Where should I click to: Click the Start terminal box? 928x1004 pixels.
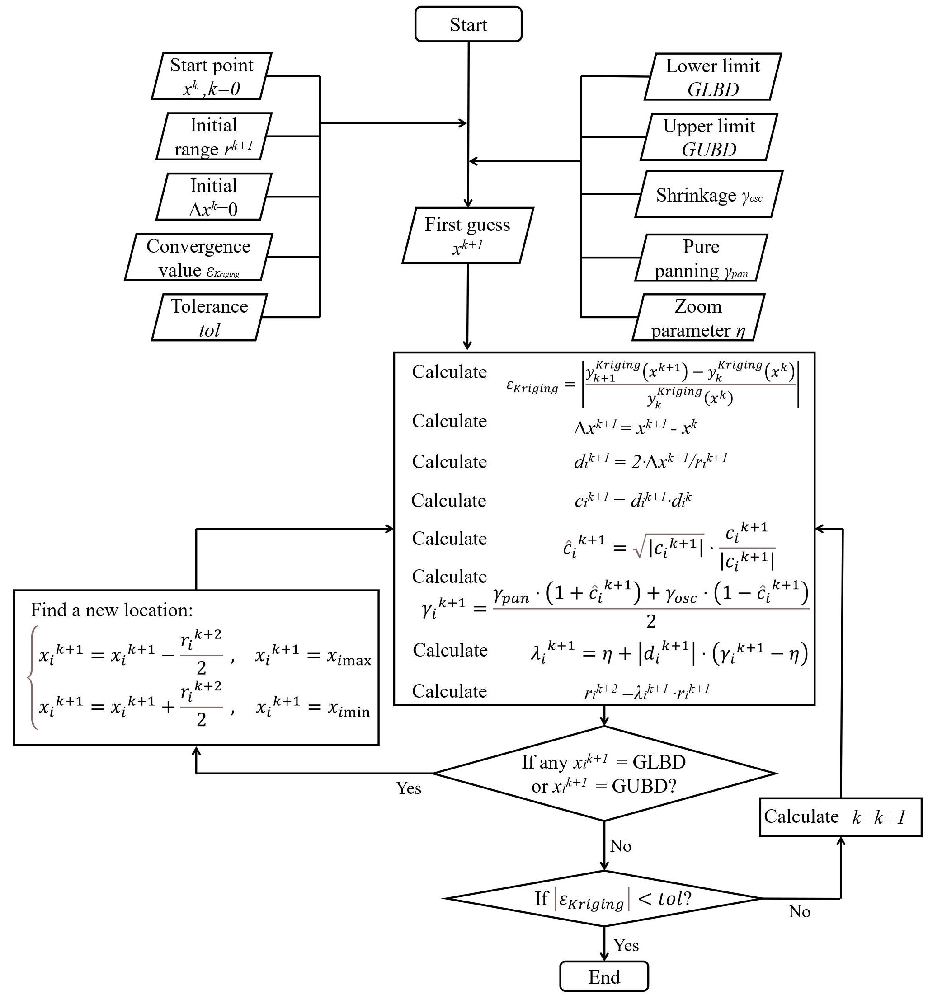click(468, 24)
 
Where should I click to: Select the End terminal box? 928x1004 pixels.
click(604, 976)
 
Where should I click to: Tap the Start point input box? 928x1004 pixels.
click(212, 76)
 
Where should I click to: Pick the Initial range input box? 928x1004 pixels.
click(214, 136)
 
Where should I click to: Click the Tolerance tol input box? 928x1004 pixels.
click(209, 317)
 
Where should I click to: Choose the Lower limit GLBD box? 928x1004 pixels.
click(712, 77)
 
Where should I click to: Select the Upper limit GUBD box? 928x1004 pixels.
click(709, 137)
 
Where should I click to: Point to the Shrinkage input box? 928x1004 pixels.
click(709, 194)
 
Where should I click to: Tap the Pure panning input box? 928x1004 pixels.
click(701, 258)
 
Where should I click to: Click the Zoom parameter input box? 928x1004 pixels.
click(698, 317)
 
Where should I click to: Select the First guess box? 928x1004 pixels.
click(467, 235)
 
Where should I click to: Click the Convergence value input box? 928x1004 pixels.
click(198, 257)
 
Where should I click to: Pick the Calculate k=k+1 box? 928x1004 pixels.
click(841, 817)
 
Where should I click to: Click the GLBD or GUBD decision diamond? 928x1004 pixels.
click(604, 774)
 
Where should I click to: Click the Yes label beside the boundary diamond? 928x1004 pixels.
click(408, 788)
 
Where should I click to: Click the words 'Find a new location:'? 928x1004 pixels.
click(112, 610)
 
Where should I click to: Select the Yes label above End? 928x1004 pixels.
click(626, 945)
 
